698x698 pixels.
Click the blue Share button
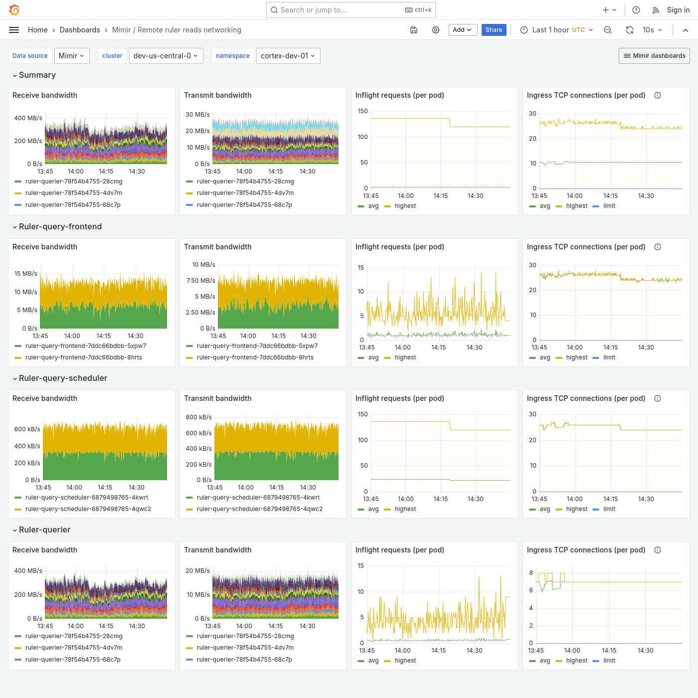pos(494,30)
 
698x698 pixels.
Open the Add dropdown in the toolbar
pos(463,30)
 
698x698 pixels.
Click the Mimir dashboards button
pos(654,56)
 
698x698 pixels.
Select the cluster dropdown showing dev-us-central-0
pos(165,56)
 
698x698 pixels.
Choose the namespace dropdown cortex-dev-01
pos(288,56)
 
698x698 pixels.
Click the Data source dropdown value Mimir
pos(72,56)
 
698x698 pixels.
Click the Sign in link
pos(678,10)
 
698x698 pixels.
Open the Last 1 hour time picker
pos(556,30)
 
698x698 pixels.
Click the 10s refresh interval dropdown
pos(652,30)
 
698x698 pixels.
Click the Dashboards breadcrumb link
pos(80,30)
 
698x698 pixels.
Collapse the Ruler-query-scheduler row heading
pos(63,378)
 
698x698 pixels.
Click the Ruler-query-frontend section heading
pos(60,226)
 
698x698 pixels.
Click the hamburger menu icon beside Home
pos(14,30)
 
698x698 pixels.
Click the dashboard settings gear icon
pos(436,30)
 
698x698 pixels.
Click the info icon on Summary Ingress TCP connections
pos(658,95)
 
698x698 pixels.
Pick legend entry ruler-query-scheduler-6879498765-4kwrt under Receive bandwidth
pos(87,498)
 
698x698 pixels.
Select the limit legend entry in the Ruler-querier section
pos(609,661)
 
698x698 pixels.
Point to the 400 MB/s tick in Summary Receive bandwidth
pos(28,118)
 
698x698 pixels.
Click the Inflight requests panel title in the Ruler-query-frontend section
pos(399,247)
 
